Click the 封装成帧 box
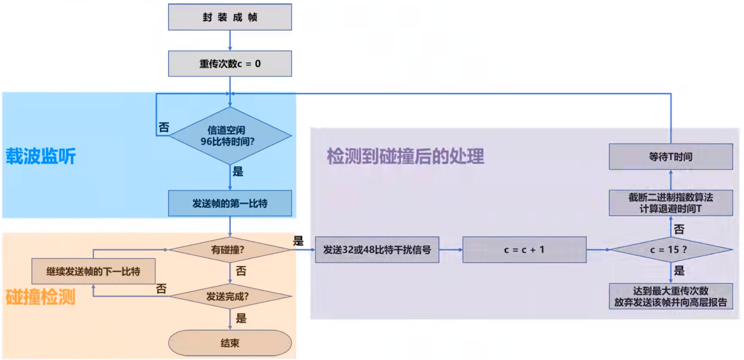click(230, 17)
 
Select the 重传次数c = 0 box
click(230, 64)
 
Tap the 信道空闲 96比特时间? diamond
click(230, 136)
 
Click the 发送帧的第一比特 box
click(230, 203)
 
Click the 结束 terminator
click(230, 343)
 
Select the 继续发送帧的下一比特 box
click(93, 271)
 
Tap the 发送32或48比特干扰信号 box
click(377, 250)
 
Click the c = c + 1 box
click(524, 250)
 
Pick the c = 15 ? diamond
click(670, 250)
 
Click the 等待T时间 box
click(671, 157)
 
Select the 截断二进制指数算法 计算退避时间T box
click(671, 203)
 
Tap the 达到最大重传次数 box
click(671, 296)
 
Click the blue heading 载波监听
click(41, 156)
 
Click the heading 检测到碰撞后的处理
click(406, 156)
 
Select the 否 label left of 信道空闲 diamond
click(164, 127)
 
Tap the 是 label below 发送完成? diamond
click(241, 318)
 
